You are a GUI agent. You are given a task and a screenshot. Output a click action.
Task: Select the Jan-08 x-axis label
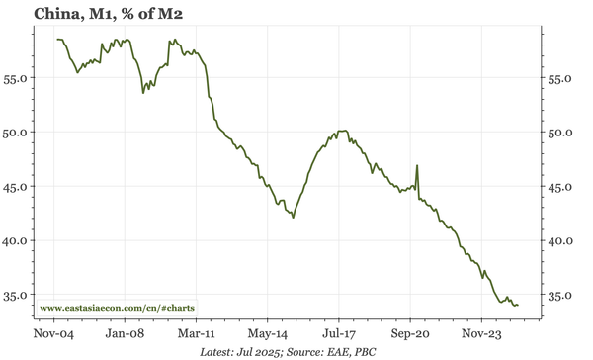click(126, 333)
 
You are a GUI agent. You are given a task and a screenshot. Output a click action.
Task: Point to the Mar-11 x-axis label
click(197, 333)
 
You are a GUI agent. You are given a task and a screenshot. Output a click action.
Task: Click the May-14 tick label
click(267, 333)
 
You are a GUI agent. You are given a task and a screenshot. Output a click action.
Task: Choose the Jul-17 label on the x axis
click(339, 333)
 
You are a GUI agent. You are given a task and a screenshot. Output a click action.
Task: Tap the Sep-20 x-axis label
click(409, 333)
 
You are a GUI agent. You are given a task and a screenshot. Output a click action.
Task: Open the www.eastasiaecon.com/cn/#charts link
click(118, 307)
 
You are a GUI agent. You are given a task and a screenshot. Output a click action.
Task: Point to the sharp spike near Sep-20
click(417, 166)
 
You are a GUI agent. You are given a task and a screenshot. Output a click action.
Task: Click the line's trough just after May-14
click(294, 218)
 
